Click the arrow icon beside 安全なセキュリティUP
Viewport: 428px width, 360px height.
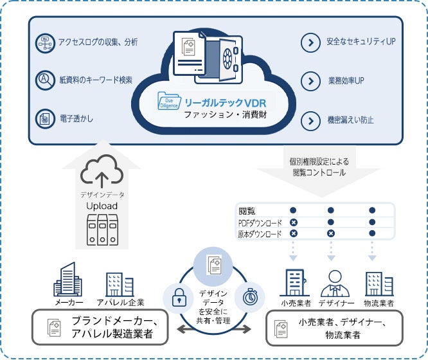[x=310, y=43]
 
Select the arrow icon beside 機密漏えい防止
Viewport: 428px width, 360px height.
[x=310, y=120]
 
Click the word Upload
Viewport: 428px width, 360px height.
[x=102, y=205]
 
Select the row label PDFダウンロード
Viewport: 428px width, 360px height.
[x=260, y=222]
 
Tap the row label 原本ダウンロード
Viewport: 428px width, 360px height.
[x=260, y=235]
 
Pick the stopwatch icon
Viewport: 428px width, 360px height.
[x=247, y=296]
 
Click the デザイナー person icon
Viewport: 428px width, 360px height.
[x=334, y=282]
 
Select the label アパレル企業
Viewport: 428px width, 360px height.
[x=120, y=302]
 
